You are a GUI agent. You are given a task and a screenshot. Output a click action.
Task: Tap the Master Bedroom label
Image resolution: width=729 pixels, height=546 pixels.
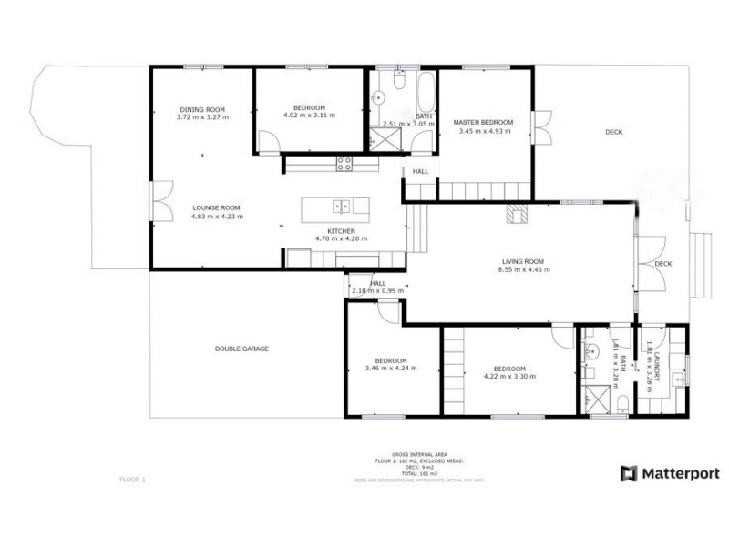tap(483, 123)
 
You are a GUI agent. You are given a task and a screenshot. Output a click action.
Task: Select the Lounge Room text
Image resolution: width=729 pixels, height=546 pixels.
tap(217, 207)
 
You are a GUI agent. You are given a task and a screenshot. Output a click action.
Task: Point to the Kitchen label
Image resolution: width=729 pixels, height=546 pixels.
tap(342, 231)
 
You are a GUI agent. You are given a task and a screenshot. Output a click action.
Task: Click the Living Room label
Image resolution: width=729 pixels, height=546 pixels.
tap(523, 261)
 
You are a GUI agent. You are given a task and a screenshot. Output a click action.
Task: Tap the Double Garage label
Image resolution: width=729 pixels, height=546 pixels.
tap(241, 349)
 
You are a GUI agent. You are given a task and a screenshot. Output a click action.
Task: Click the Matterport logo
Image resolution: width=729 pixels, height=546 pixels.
tap(670, 473)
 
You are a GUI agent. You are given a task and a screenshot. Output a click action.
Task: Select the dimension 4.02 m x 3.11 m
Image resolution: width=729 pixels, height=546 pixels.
tap(310, 116)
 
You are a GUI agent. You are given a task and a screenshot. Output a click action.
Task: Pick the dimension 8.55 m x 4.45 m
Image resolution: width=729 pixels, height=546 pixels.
tap(523, 269)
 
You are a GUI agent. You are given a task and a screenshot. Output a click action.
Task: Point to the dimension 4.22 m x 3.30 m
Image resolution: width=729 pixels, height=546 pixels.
tap(509, 376)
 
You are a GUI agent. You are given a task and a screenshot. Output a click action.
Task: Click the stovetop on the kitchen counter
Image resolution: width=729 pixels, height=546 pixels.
tap(344, 164)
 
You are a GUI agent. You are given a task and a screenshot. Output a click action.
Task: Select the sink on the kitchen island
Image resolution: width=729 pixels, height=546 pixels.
tap(341, 206)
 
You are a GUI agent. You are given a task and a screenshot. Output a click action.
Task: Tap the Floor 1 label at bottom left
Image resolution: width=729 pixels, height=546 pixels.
tap(132, 479)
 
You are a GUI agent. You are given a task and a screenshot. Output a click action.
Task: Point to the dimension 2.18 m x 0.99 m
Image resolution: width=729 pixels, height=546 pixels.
tap(377, 290)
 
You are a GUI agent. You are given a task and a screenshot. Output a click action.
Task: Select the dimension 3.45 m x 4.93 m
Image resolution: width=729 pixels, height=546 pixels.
tap(483, 131)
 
